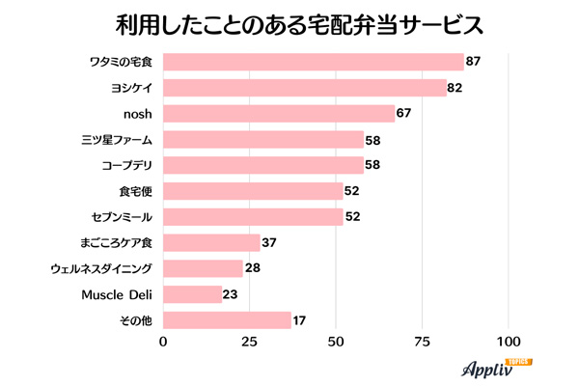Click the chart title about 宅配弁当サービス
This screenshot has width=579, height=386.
[289, 23]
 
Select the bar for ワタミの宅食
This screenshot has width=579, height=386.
[314, 63]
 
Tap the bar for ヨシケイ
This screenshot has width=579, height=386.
[305, 88]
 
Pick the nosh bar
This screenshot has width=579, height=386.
[279, 114]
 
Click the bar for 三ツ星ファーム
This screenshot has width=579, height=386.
[263, 140]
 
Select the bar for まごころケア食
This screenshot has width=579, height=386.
[212, 242]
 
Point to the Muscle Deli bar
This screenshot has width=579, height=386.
[193, 293]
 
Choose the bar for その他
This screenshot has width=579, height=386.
[227, 319]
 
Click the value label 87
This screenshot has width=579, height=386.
[473, 63]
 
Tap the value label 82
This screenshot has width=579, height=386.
[456, 88]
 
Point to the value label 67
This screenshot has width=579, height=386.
[404, 114]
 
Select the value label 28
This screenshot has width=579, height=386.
[254, 268]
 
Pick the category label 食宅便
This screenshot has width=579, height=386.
[137, 191]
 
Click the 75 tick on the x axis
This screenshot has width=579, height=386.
[422, 342]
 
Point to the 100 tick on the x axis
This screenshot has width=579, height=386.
[509, 342]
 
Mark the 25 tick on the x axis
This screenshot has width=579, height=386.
[250, 342]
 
